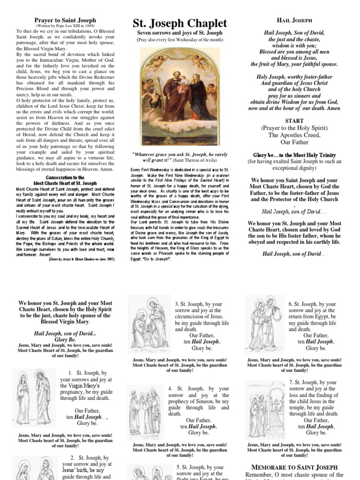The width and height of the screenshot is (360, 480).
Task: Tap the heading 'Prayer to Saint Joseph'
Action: click(x=66, y=20)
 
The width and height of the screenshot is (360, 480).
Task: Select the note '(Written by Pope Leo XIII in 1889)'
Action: click(x=66, y=25)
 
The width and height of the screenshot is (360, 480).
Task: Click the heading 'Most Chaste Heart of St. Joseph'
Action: click(x=65, y=183)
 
